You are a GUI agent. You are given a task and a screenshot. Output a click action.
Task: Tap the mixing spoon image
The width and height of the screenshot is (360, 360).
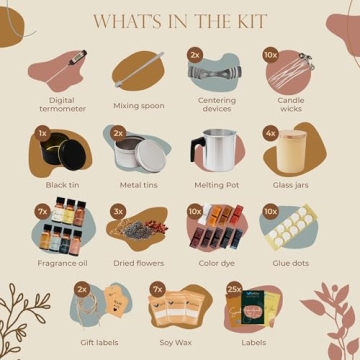(140, 70)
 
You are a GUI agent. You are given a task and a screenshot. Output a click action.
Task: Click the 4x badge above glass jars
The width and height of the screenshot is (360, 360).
(270, 132)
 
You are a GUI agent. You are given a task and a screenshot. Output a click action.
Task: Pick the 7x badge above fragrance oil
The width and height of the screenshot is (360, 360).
(42, 212)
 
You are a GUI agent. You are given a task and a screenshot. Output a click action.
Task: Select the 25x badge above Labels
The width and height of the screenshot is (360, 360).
(234, 290)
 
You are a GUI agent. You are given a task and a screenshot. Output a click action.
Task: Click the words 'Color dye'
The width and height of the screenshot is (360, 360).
(215, 264)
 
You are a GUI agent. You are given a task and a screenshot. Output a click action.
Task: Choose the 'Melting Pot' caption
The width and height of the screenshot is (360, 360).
(215, 185)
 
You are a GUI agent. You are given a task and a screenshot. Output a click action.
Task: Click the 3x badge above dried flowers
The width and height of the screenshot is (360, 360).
(118, 212)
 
